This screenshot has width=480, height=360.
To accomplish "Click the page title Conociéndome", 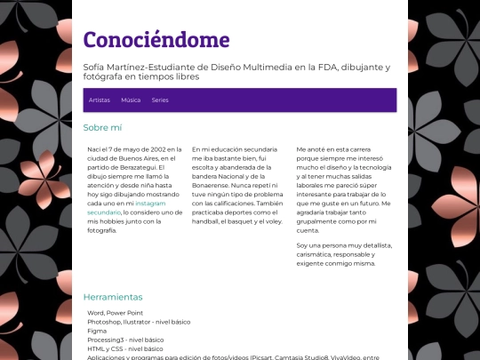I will tap(156, 40).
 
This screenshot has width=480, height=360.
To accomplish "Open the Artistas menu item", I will tap(100, 100).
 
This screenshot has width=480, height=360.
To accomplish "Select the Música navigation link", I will tap(131, 100).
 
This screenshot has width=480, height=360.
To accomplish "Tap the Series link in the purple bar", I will tap(160, 100).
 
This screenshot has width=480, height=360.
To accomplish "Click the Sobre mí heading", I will tap(102, 127).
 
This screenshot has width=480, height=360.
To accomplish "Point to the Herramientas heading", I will tap(113, 297).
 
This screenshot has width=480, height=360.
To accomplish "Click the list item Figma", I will tap(97, 330).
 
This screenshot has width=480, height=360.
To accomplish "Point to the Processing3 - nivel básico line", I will tap(125, 339).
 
